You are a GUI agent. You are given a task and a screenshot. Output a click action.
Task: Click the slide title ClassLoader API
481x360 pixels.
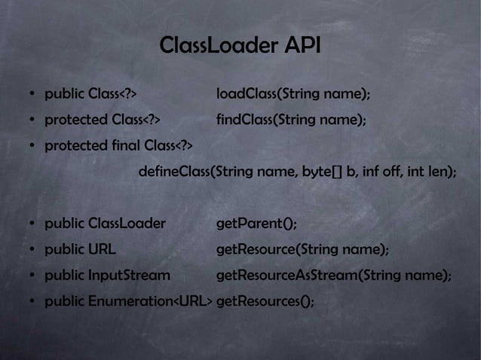coord(240,46)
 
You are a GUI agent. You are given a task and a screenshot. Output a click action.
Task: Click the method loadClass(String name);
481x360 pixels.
coord(293,95)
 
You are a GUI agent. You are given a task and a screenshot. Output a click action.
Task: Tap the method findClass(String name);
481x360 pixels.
coord(291,120)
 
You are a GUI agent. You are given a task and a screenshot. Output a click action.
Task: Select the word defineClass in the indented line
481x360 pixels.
coord(175,172)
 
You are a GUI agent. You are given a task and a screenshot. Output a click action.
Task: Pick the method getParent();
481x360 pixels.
coord(256,224)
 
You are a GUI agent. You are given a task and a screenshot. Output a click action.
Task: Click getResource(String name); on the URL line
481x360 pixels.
coord(302,249)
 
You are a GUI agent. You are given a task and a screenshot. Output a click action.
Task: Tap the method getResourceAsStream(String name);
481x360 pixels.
coord(333,276)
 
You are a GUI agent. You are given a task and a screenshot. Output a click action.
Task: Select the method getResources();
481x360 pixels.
coord(265,301)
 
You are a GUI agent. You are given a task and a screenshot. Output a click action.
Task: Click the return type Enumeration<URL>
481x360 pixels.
coord(150,301)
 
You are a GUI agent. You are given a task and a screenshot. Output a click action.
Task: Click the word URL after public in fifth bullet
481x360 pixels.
coord(102,249)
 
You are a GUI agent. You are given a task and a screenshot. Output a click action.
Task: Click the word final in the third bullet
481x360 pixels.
coord(125,145)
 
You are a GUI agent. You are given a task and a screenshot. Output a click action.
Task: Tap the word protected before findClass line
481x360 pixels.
coord(76,120)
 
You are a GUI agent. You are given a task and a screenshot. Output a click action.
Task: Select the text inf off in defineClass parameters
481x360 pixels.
coord(381,172)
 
